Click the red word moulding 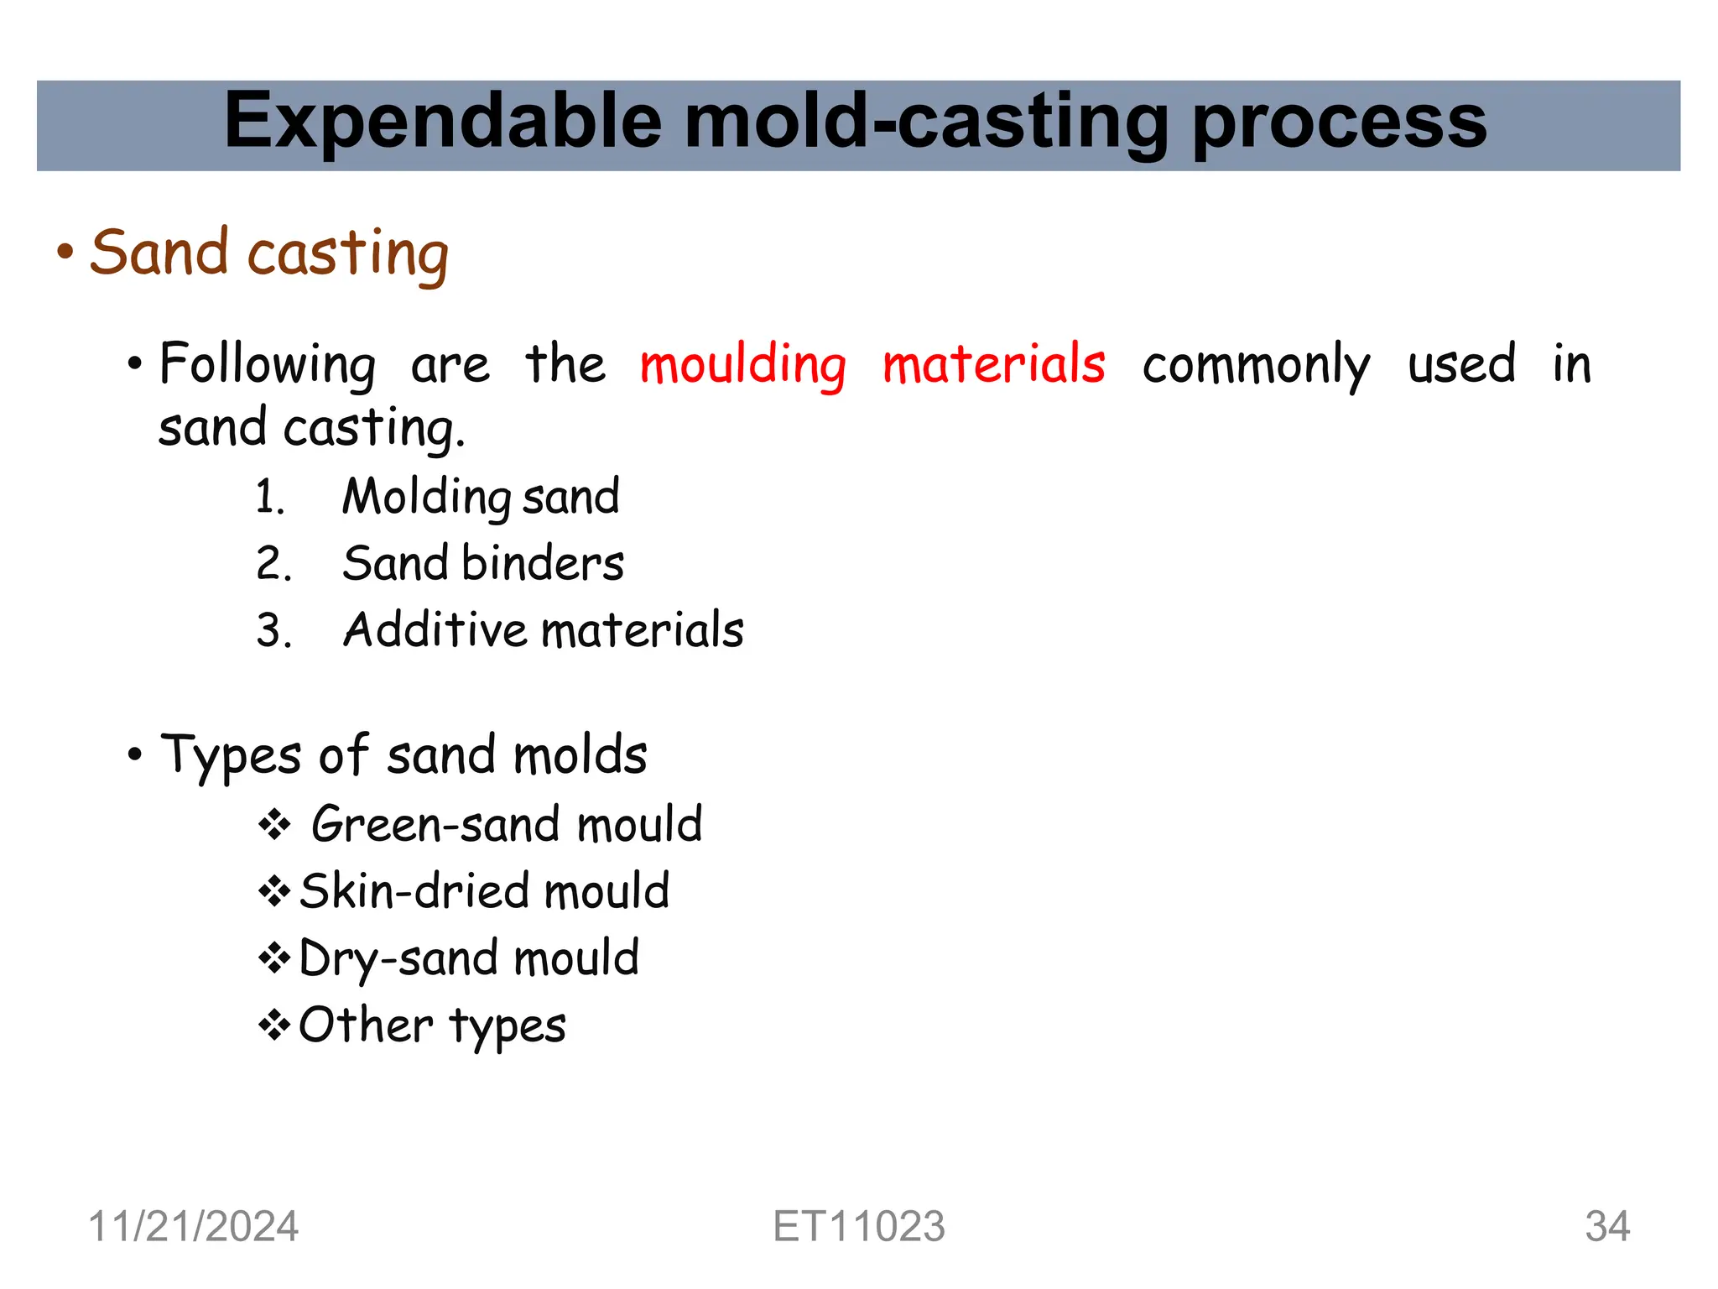[x=742, y=365]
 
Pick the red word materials [x=994, y=365]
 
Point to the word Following [x=267, y=365]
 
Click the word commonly [x=1256, y=365]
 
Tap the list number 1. [x=269, y=497]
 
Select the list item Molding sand [x=481, y=497]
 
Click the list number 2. [x=273, y=563]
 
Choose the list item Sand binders [x=483, y=563]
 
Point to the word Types [x=231, y=755]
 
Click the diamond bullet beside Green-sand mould [x=274, y=825]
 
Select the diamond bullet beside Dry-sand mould [x=274, y=958]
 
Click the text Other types [x=432, y=1025]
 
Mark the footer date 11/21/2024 [x=193, y=1226]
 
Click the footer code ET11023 [x=858, y=1226]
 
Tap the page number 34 [x=1606, y=1226]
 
